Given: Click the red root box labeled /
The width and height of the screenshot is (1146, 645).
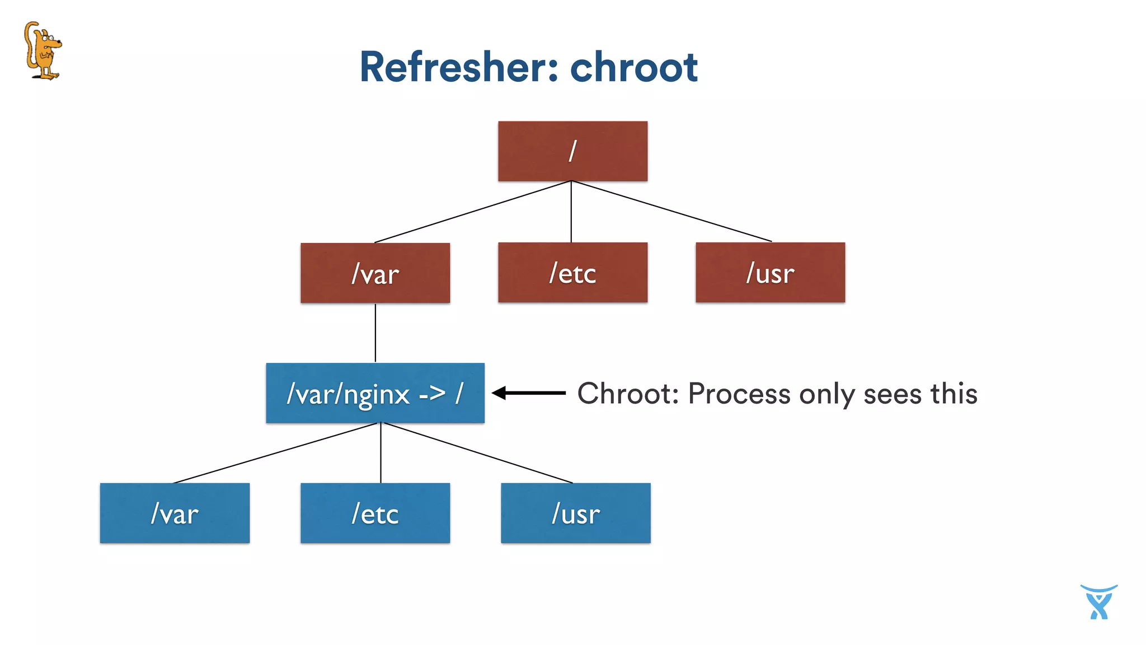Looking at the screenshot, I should tap(572, 151).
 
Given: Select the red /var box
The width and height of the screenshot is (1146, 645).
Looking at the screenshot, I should tap(375, 273).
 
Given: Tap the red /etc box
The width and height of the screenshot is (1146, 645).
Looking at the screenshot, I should tap(572, 273).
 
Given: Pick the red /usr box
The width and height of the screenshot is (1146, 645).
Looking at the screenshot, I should tap(770, 273).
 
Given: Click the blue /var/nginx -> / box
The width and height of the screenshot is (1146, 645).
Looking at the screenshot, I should tap(375, 393).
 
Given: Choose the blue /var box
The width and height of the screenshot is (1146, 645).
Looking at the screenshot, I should tap(175, 513).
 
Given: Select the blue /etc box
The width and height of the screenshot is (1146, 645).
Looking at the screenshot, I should tap(375, 513).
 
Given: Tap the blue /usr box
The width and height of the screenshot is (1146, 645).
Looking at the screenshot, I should tap(575, 513).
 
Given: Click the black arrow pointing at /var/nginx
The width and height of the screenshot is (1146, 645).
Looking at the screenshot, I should tap(529, 393).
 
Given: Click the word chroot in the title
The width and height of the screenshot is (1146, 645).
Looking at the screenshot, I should tap(633, 67).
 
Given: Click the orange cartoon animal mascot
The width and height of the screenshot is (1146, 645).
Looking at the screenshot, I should tap(43, 50).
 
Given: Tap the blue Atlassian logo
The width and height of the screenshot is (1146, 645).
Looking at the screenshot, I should tap(1098, 602).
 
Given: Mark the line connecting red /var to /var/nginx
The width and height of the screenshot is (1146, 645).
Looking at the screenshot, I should tap(375, 333).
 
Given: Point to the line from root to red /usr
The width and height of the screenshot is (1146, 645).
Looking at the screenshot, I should tap(671, 211).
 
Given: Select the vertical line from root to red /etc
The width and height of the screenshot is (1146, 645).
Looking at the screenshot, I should tap(571, 212).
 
